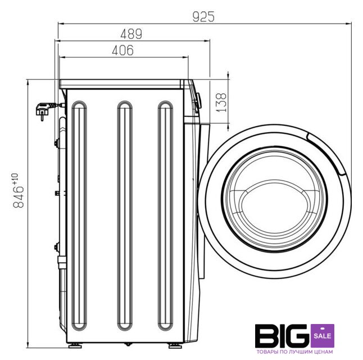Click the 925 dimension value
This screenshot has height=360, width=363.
(203, 17)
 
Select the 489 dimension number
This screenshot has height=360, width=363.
(131, 34)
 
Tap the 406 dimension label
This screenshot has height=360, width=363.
(122, 50)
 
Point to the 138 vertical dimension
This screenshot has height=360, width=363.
(221, 102)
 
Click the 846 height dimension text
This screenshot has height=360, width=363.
(19, 196)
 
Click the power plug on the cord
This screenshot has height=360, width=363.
(43, 111)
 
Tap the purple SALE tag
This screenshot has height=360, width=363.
(323, 336)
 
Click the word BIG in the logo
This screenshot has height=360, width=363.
(282, 336)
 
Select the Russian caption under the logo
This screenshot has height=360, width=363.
(294, 352)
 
